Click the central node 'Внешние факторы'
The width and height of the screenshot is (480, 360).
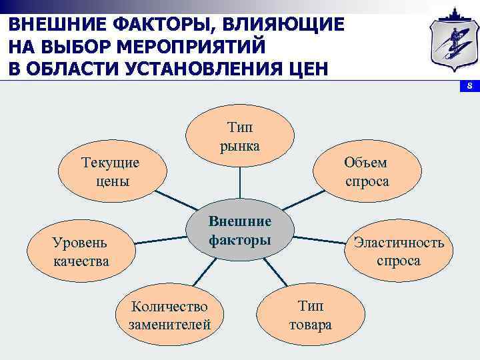pos(240,230)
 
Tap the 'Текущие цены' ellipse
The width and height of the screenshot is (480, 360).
pos(109,171)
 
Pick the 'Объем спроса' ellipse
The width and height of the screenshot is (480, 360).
pos(366,171)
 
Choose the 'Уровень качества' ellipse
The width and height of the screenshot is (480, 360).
pos(81,251)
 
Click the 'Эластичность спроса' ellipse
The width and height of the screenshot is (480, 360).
pos(398,251)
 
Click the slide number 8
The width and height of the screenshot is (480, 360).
pos(469,87)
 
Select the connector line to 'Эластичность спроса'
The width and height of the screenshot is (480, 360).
pos(320,239)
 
